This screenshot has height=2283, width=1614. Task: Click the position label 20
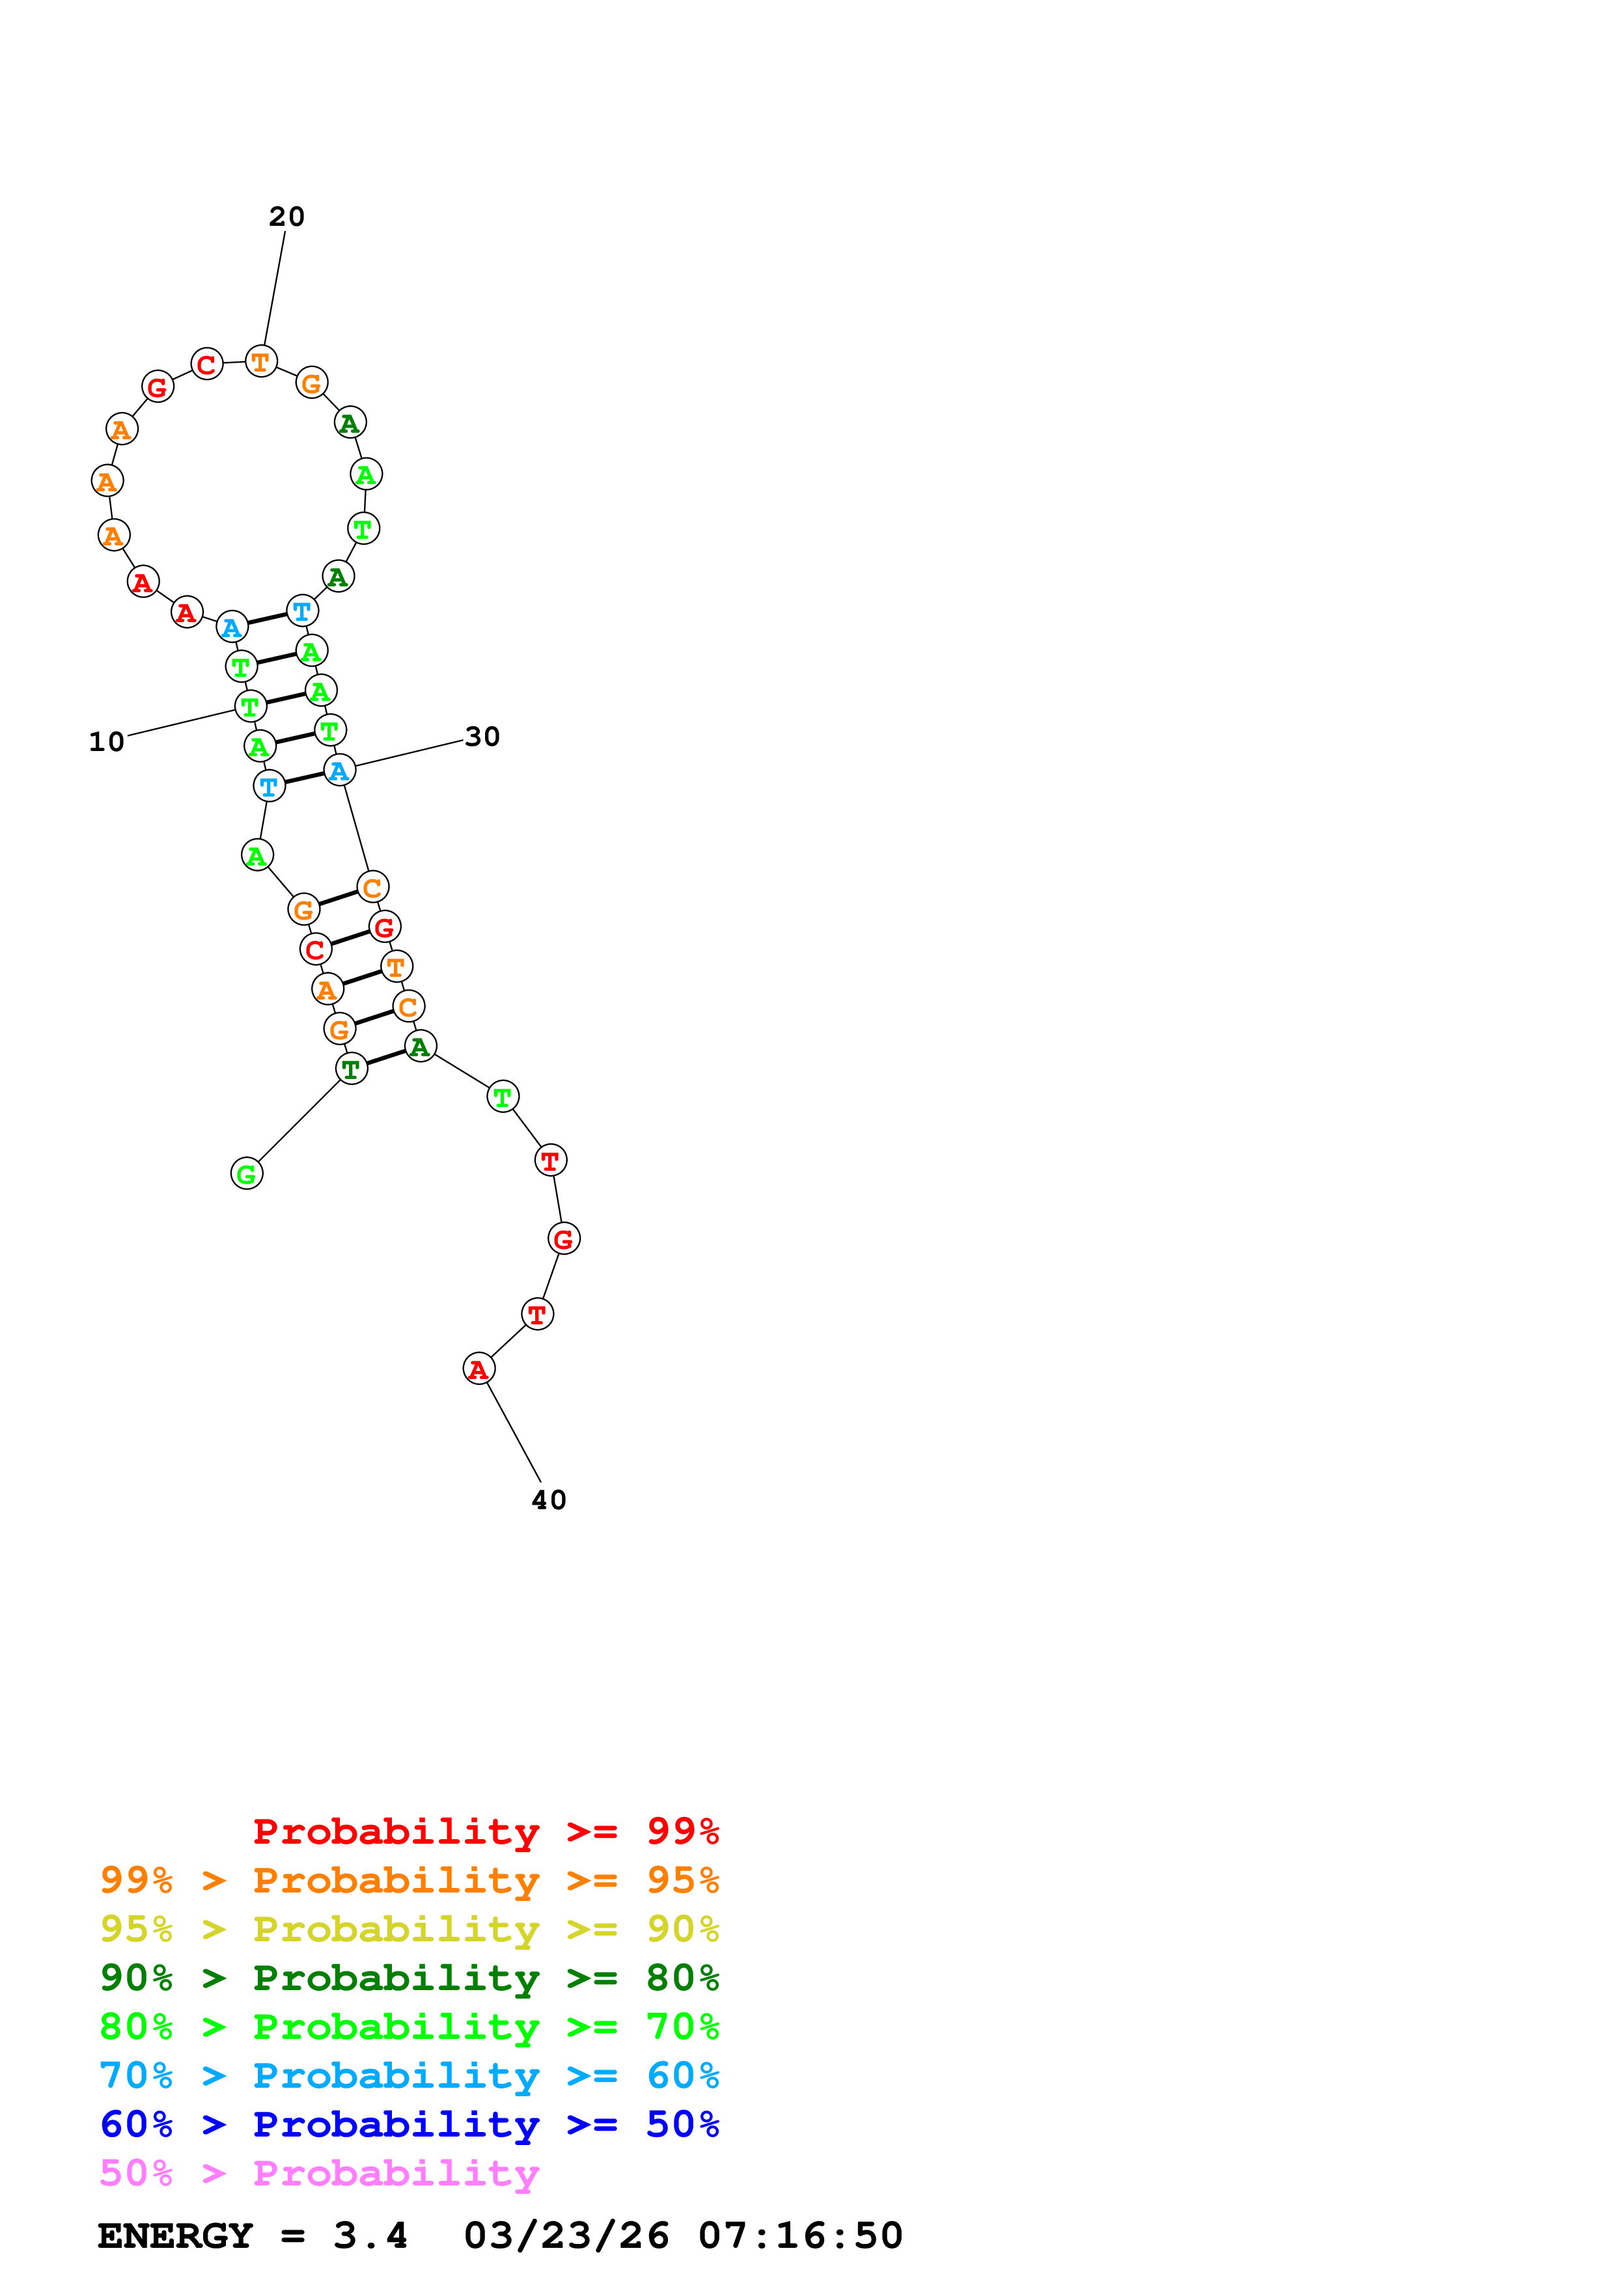click(x=286, y=217)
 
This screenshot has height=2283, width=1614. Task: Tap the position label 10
click(x=106, y=743)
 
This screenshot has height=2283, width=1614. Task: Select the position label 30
click(x=482, y=737)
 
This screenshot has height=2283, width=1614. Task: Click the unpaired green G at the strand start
click(x=247, y=1174)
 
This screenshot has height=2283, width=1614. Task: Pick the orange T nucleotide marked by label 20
click(x=260, y=362)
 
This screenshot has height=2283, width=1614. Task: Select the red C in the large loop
click(x=207, y=365)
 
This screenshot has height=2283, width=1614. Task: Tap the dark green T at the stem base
click(x=351, y=1070)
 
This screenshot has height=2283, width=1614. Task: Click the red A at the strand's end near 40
click(x=479, y=1370)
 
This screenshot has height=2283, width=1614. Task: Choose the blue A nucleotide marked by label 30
click(x=339, y=771)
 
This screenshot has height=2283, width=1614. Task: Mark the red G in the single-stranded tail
click(x=564, y=1239)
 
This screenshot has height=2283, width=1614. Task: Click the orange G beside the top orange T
click(x=313, y=383)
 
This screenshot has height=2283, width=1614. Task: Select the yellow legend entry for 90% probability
click(x=409, y=1929)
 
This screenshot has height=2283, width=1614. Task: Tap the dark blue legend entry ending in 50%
click(x=409, y=2124)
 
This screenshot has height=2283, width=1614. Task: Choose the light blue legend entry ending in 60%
click(x=409, y=2075)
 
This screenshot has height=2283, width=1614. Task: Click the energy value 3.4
click(x=370, y=2236)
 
